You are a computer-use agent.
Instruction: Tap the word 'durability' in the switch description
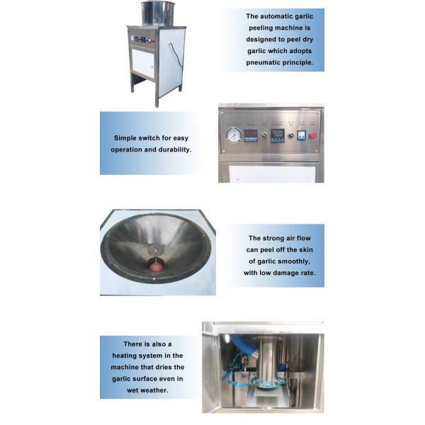(x=171, y=150)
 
